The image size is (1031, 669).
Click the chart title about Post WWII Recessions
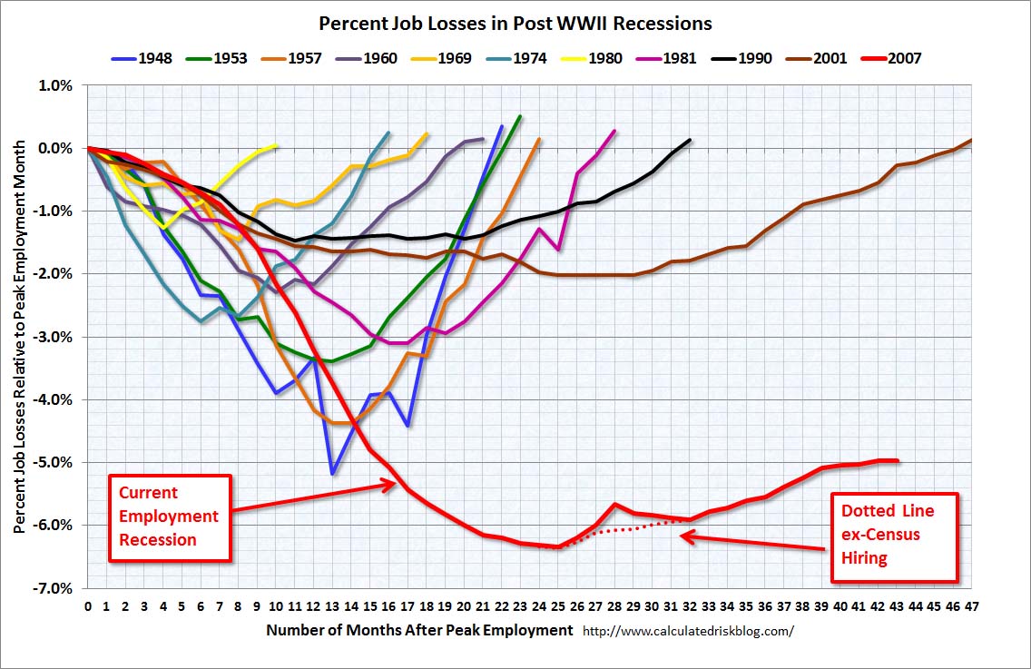point(515,23)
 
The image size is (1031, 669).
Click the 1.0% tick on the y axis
point(55,85)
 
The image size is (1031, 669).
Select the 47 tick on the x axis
point(971,606)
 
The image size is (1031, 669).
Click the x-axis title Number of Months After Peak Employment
point(419,629)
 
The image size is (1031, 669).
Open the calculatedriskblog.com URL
point(688,630)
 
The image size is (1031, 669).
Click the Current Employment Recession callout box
point(170,517)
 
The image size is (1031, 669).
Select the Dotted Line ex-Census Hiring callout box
point(895,536)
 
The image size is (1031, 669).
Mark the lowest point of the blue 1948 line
point(333,473)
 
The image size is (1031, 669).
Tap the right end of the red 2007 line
point(898,461)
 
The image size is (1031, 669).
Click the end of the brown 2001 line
point(971,141)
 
